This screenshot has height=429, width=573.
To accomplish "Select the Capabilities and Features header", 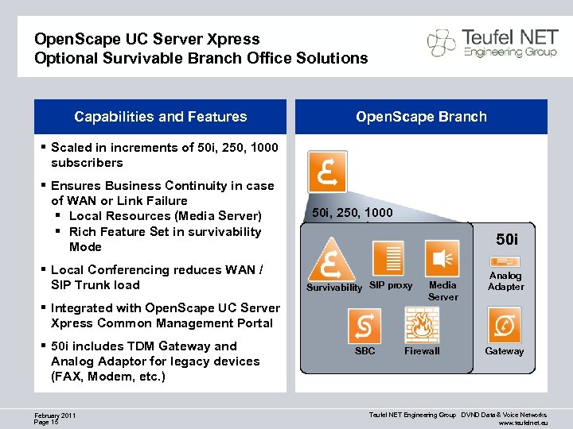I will (x=161, y=117).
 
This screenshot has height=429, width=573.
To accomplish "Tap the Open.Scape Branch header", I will (x=421, y=117).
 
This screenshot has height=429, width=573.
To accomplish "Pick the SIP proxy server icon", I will (x=391, y=259).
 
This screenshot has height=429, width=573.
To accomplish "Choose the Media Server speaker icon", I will (x=442, y=259).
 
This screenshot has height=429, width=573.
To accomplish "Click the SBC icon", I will (x=364, y=326).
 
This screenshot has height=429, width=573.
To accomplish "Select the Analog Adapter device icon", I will (x=505, y=261).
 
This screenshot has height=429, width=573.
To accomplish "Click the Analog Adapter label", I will (x=505, y=281).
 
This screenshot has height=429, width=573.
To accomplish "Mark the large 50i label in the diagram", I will (x=507, y=238).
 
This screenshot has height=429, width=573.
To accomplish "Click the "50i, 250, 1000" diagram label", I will (x=352, y=213).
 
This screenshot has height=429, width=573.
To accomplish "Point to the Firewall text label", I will (x=422, y=351).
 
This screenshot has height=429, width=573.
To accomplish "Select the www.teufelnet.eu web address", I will (x=524, y=423).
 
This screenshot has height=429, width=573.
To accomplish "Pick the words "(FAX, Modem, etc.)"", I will (x=108, y=377).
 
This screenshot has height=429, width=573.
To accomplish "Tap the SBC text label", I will (x=364, y=350).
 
